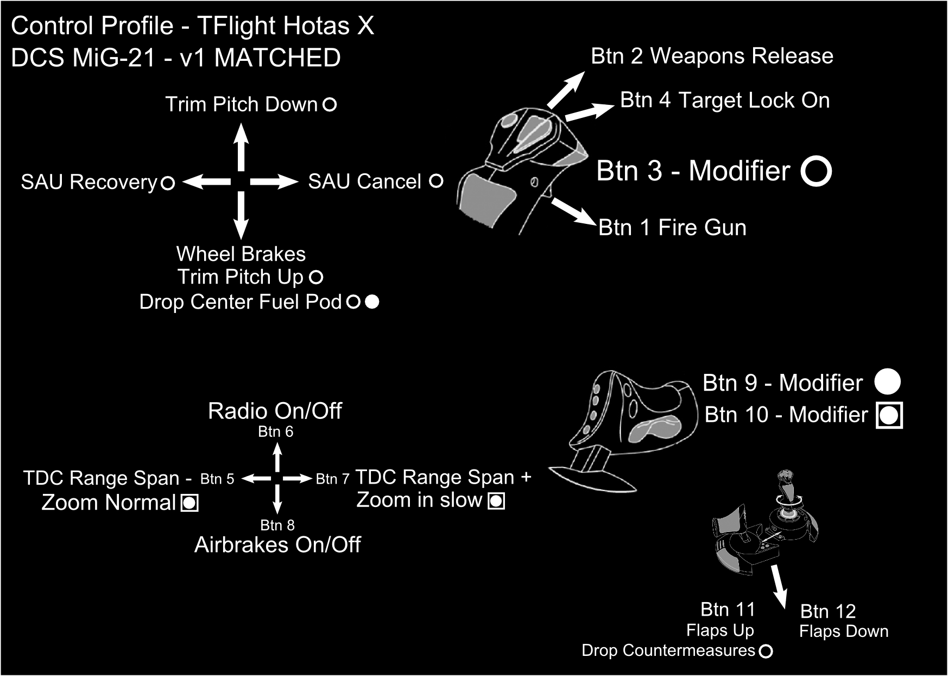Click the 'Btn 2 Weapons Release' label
point(712,56)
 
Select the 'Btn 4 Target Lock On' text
point(725,101)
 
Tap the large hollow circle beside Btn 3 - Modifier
point(816,171)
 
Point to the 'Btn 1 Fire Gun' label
point(672,228)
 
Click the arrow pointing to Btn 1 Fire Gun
point(573,211)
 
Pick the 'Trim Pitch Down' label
point(241,104)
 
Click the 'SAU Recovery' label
point(89,182)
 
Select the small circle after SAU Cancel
point(436,181)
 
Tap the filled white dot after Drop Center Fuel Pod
point(372,302)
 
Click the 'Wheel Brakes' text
point(241,254)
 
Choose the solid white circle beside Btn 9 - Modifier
point(888,382)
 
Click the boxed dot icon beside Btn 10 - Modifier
point(889,416)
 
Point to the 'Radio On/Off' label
point(275,411)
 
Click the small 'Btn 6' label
point(275,432)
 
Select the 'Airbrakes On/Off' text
point(277,545)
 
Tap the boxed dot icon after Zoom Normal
point(189,503)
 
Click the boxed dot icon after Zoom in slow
point(496,500)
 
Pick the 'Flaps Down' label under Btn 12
point(844,631)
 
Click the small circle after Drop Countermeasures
point(766,651)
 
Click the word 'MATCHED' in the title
point(277,58)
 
